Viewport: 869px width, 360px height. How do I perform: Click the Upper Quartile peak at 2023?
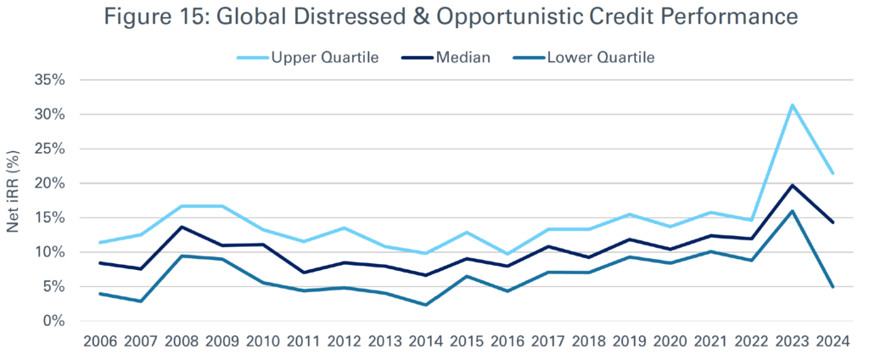pos(793,105)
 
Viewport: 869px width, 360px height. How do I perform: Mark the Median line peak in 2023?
pos(793,185)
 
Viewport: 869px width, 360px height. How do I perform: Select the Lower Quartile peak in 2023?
pos(793,211)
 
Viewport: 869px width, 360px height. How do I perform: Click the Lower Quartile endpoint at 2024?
pos(833,287)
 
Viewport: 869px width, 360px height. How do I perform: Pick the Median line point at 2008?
pos(183,227)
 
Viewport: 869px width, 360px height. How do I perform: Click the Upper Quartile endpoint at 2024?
pos(833,173)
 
